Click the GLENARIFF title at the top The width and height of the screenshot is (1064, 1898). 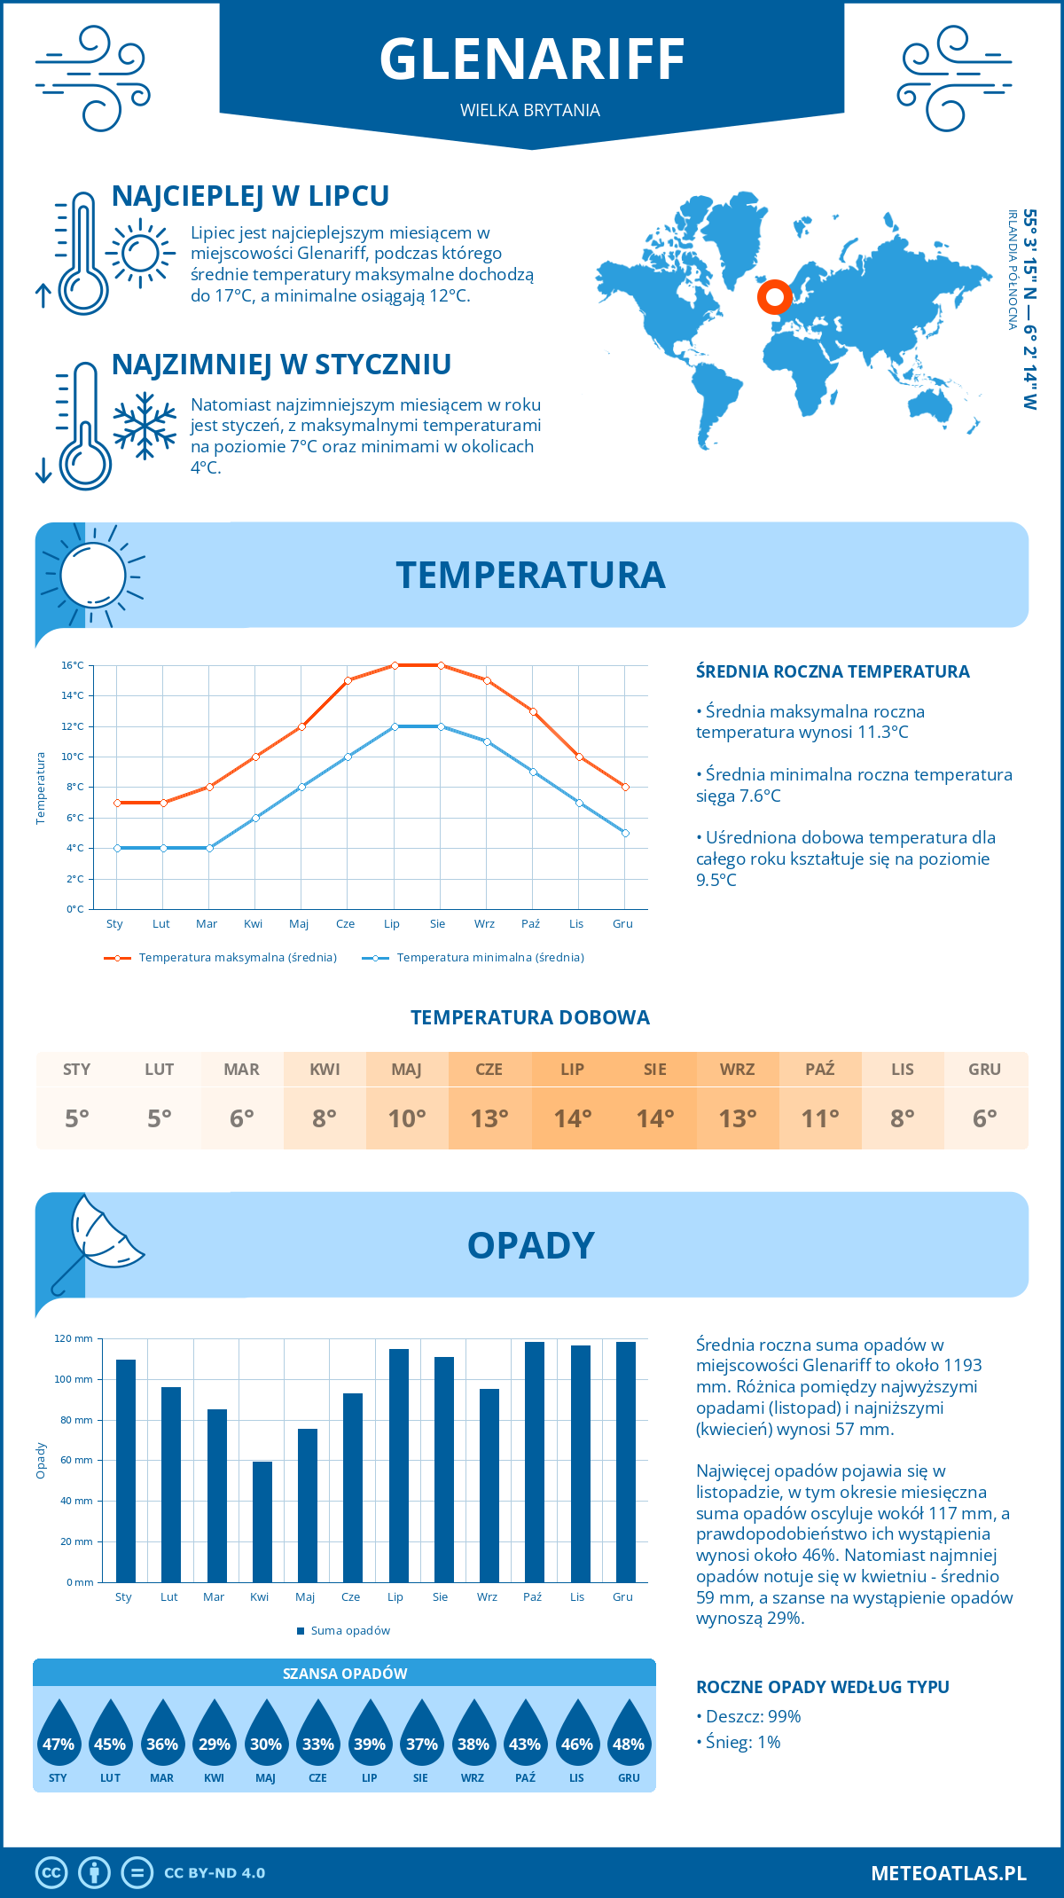532,59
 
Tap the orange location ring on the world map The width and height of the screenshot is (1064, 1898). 774,297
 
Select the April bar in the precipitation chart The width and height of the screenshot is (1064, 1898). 262,1521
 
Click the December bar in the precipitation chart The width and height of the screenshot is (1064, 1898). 626,1462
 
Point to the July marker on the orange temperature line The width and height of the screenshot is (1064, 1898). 395,665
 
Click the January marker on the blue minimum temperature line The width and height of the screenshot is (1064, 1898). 117,848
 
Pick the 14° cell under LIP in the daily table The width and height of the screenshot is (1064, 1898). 572,1118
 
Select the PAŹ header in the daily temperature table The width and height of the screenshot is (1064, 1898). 819,1069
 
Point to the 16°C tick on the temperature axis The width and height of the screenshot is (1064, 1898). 73,665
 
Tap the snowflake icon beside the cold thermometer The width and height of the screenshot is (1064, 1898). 145,426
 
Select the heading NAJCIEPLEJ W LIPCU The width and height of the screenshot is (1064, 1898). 250,196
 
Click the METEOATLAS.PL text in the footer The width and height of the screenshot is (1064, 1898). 948,1872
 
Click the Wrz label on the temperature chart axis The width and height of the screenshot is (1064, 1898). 484,923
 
